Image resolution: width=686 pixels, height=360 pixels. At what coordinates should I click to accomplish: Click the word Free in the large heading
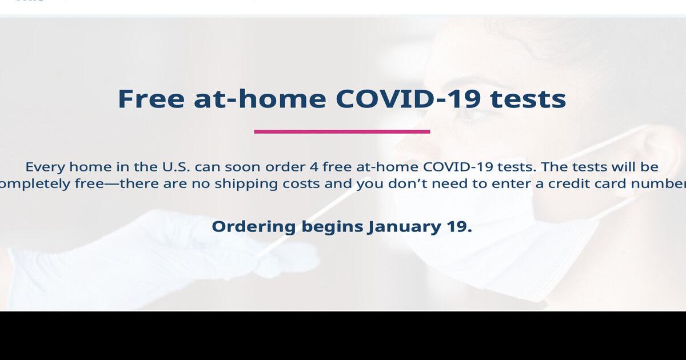tap(151, 98)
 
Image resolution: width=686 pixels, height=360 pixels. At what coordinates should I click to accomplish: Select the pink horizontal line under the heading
tap(342, 131)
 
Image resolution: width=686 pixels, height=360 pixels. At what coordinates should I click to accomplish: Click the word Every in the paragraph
tap(45, 167)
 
